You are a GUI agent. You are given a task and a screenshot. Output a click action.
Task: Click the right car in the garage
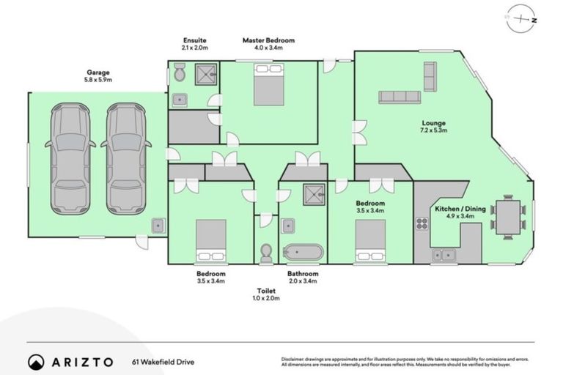(x=125, y=158)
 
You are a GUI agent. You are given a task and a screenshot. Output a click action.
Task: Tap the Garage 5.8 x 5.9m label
(x=98, y=76)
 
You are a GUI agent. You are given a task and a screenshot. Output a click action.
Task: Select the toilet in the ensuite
(x=178, y=73)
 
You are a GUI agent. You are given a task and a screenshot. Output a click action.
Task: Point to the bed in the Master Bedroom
(x=268, y=85)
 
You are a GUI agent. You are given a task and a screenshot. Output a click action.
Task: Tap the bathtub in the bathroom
(x=303, y=253)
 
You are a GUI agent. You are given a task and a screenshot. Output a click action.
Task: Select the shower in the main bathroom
(x=314, y=194)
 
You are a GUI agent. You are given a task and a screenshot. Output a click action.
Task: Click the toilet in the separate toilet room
(x=266, y=253)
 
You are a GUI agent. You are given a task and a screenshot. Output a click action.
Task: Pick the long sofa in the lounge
(x=400, y=97)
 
